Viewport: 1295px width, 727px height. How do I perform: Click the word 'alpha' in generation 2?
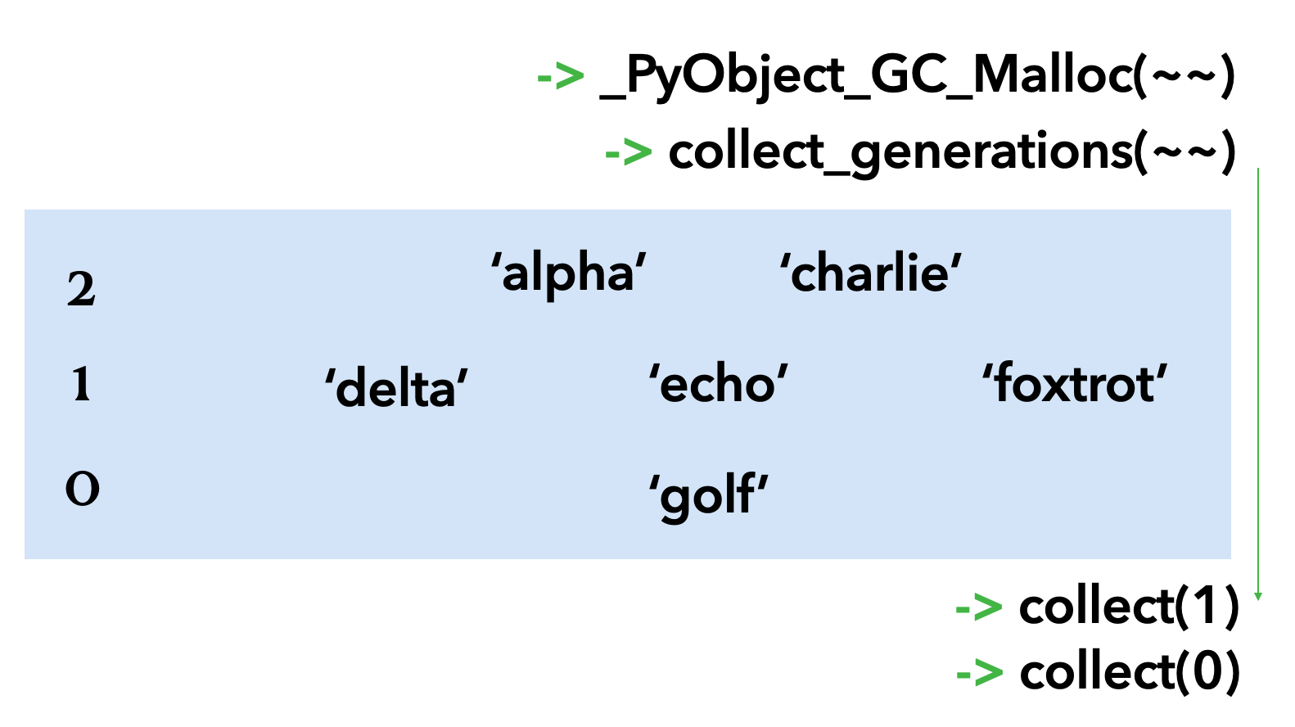pyautogui.click(x=568, y=273)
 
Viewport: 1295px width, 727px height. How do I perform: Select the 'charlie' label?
pyautogui.click(x=870, y=273)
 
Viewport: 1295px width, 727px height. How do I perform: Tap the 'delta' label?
pyautogui.click(x=396, y=386)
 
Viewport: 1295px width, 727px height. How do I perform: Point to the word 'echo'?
pyautogui.click(x=718, y=383)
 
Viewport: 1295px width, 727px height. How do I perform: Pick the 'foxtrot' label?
pyautogui.click(x=1074, y=383)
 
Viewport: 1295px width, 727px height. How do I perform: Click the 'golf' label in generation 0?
pyautogui.click(x=708, y=495)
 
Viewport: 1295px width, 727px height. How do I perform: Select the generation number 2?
pyautogui.click(x=81, y=289)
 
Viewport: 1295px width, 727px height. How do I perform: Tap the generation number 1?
pyautogui.click(x=81, y=384)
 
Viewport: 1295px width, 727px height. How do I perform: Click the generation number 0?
pyautogui.click(x=82, y=489)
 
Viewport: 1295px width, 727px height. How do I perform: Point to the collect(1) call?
pyautogui.click(x=1129, y=607)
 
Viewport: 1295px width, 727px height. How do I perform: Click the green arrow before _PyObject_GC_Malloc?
pyautogui.click(x=561, y=77)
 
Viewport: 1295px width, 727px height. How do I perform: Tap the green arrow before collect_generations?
pyautogui.click(x=628, y=152)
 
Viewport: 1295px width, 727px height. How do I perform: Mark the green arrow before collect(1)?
pyautogui.click(x=979, y=607)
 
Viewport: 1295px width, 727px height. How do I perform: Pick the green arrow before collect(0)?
pyautogui.click(x=979, y=673)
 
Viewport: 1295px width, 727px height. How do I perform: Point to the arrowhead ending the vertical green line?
pyautogui.click(x=1258, y=597)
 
